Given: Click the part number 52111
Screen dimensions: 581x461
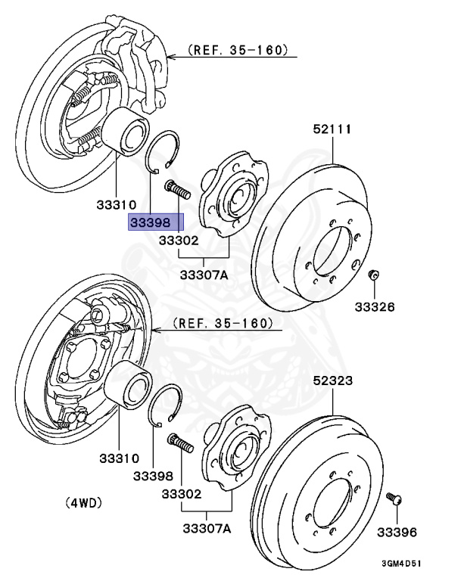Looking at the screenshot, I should click(x=332, y=129).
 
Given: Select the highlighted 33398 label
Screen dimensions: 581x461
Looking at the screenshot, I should click(x=156, y=222).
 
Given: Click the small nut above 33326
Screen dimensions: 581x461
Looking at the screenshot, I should click(x=373, y=275).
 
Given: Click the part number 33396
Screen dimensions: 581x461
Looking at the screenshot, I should click(x=398, y=533).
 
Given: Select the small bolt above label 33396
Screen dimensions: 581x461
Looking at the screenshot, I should click(x=394, y=499).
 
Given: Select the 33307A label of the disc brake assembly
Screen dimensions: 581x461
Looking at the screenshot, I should click(x=204, y=275).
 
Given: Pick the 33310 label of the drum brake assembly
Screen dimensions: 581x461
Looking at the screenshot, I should click(x=117, y=458).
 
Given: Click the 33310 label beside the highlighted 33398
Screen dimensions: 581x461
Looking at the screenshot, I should click(x=116, y=204).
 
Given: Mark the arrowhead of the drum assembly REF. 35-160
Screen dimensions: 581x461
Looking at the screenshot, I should click(x=156, y=330).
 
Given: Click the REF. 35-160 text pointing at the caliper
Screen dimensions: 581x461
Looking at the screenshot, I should click(x=239, y=51).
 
